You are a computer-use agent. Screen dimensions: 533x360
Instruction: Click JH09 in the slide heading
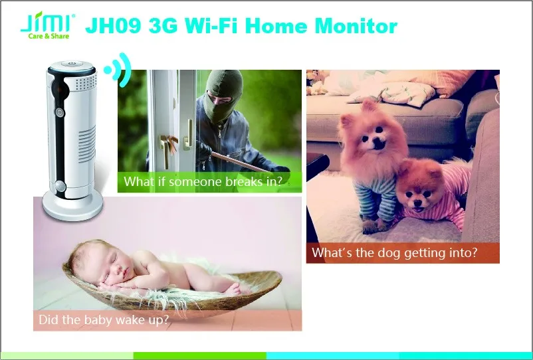[x=113, y=26]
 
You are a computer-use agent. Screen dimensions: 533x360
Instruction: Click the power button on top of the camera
[x=72, y=64]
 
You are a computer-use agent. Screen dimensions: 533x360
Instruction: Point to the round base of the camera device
[x=72, y=206]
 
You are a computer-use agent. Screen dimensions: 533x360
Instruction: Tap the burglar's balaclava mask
[x=224, y=95]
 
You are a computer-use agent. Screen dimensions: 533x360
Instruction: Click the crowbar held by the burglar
[x=238, y=162]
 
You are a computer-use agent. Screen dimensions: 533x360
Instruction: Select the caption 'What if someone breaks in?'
[x=203, y=181]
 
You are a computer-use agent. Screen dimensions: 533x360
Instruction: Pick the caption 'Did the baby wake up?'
[x=104, y=319]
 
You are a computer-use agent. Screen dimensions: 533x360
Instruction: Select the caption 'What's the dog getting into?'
[x=395, y=252]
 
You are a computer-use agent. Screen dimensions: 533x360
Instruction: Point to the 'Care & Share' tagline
[x=49, y=36]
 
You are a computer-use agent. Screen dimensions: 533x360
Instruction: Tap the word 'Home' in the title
[x=276, y=26]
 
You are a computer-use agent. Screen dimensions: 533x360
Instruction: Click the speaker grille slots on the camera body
[x=87, y=144]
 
